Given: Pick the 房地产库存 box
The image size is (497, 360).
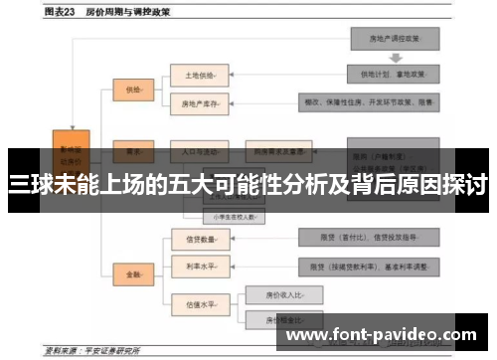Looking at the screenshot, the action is pos(199,101).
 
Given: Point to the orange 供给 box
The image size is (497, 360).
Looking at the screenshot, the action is pos(135,89).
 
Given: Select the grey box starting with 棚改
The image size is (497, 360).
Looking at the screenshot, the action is pos(367,101).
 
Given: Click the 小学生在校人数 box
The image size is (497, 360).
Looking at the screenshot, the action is pos(231,215).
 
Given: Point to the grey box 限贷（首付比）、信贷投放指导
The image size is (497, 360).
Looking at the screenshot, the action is pos(367,238).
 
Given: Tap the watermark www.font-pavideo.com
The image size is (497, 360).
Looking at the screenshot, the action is pos(382,336).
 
